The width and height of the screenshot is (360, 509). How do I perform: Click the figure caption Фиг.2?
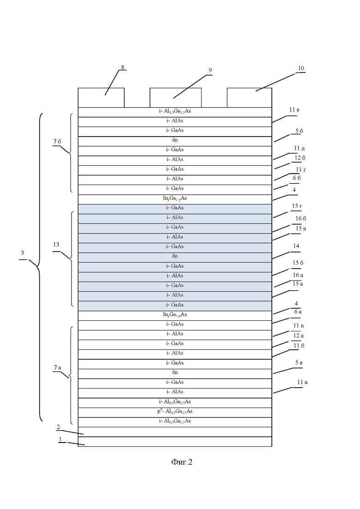(182, 462)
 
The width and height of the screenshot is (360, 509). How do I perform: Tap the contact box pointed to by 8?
(101, 97)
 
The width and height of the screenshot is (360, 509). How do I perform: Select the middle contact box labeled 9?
(175, 97)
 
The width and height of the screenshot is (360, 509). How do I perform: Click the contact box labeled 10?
(249, 97)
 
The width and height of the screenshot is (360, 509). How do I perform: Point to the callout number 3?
(22, 253)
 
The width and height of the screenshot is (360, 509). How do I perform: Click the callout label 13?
(56, 245)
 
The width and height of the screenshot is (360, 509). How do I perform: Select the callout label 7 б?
(57, 142)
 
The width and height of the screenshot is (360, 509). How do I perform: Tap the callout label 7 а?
(57, 367)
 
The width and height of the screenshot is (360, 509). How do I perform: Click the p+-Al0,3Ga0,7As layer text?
(175, 411)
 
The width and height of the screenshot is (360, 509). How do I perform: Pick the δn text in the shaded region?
(175, 256)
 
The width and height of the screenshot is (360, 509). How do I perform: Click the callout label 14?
(296, 246)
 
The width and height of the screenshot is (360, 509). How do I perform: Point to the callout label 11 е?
(294, 110)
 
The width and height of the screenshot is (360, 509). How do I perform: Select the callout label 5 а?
(299, 363)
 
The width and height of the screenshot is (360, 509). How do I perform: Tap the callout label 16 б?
(300, 218)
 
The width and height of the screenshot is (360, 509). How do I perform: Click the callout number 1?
(60, 439)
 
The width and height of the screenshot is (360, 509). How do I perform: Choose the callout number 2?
(59, 427)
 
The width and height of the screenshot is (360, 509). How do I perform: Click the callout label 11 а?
(302, 382)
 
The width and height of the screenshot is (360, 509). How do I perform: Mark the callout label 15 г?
(297, 206)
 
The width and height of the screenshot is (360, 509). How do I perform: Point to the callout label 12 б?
(300, 158)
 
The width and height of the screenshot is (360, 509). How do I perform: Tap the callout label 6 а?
(298, 311)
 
